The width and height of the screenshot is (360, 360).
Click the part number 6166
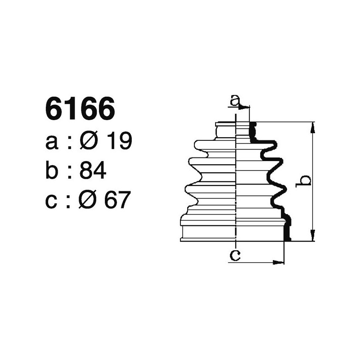point(80,109)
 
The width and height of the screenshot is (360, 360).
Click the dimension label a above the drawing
point(234,101)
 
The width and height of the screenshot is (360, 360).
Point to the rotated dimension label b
point(305,180)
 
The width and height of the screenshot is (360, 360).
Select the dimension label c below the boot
point(234,256)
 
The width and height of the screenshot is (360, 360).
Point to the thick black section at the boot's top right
point(253,132)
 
